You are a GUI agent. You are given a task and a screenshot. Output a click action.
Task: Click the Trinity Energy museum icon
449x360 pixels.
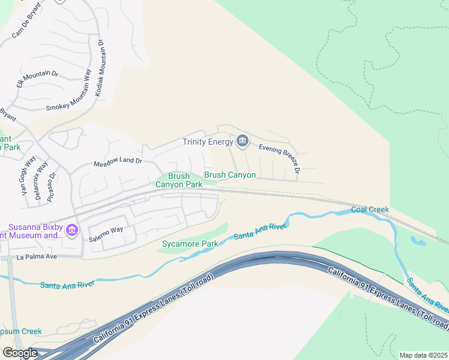pos(242,141)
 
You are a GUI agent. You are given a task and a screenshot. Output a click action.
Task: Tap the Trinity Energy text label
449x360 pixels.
pos(208,142)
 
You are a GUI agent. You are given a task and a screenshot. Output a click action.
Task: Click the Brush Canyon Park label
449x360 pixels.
pos(179,181)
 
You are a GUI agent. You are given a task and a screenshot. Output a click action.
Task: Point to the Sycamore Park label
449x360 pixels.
pos(190,244)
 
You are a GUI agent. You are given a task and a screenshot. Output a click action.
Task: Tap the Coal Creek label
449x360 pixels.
pos(370,209)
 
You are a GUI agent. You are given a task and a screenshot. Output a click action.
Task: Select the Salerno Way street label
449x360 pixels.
pos(106,230)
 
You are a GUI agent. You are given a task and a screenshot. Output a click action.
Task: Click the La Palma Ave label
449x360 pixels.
pos(36,257)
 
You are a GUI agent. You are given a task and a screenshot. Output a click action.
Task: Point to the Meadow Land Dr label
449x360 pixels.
pos(118,162)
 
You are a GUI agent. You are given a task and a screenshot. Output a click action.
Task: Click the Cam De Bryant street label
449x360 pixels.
pos(27,24)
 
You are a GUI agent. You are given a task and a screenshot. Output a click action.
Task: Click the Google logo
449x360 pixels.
pos(20,352)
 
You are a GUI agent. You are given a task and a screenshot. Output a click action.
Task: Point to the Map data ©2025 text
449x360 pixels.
pos(423,355)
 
